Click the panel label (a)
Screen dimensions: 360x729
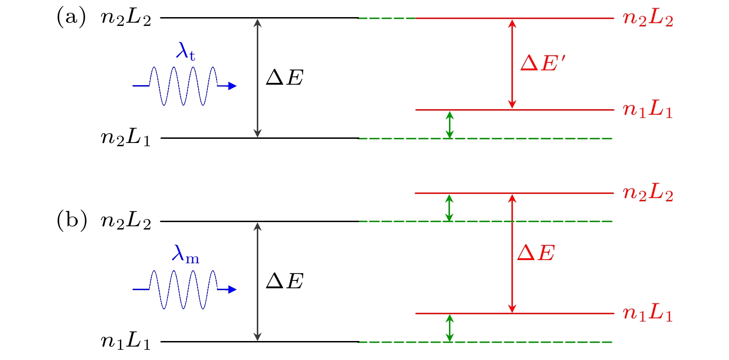click(71, 18)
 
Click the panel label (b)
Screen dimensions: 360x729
click(72, 221)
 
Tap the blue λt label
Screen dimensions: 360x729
click(185, 51)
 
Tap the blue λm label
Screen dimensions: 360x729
click(185, 254)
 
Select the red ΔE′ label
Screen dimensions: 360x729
click(543, 62)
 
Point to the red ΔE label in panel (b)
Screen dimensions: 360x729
click(536, 253)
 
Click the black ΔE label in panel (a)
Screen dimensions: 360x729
click(285, 78)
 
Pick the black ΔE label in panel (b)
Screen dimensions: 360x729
click(285, 281)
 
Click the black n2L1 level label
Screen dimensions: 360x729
click(126, 138)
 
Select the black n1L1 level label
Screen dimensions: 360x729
click(126, 341)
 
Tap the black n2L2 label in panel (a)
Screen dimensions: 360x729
click(126, 19)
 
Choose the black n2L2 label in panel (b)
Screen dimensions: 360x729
click(126, 222)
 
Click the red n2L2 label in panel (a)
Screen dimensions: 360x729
click(648, 19)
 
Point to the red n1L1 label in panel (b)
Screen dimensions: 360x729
click(648, 314)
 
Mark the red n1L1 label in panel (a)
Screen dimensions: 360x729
click(648, 110)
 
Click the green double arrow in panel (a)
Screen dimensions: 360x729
click(449, 124)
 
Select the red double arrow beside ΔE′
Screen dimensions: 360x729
click(512, 64)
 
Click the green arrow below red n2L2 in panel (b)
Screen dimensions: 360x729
click(449, 207)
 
